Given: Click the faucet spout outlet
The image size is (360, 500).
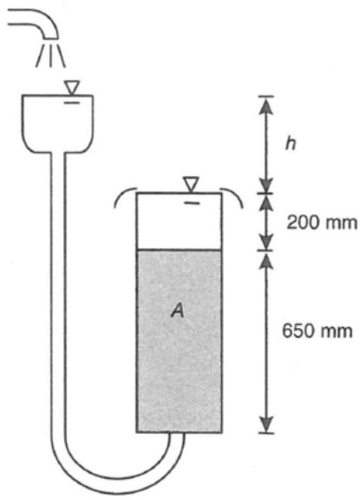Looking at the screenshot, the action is click(x=50, y=37).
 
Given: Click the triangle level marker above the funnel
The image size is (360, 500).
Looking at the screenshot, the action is click(x=72, y=88).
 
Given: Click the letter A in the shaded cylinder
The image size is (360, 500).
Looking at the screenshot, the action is click(x=178, y=310).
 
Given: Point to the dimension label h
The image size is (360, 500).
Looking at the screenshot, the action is click(x=291, y=144).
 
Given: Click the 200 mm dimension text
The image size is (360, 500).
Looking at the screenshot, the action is click(x=322, y=222).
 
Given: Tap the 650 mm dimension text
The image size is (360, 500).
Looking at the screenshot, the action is click(x=317, y=331).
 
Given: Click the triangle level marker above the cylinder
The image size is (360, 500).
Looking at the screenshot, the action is click(x=191, y=185).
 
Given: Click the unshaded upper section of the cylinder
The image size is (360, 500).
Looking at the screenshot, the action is click(x=179, y=221).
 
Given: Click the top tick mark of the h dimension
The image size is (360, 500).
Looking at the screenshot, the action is click(x=265, y=95).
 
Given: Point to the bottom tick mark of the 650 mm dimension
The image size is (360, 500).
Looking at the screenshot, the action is click(x=266, y=432).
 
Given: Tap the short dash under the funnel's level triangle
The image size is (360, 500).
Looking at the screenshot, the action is click(x=72, y=102).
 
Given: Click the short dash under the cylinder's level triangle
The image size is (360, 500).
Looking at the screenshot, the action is click(x=192, y=203).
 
